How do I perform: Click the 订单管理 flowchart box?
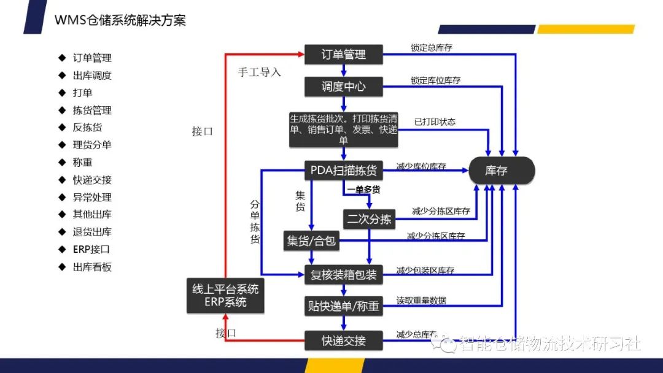tap(344, 55)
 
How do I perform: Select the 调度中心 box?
tap(344, 87)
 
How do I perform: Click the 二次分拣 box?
tap(369, 219)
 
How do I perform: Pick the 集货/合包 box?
tap(311, 240)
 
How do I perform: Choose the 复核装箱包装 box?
tap(344, 275)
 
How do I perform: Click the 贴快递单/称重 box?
tap(344, 306)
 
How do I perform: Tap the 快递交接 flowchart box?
tap(344, 340)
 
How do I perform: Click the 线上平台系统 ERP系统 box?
tap(225, 296)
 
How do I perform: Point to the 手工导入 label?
tap(260, 72)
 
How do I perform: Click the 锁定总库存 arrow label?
tap(431, 48)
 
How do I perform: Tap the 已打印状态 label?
tap(435, 121)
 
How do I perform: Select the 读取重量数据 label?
tap(421, 301)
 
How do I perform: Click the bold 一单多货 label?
tap(362, 190)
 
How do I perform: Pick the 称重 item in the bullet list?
tap(83, 163)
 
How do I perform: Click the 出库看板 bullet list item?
tap(92, 267)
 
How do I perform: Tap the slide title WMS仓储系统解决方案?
tap(120, 20)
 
